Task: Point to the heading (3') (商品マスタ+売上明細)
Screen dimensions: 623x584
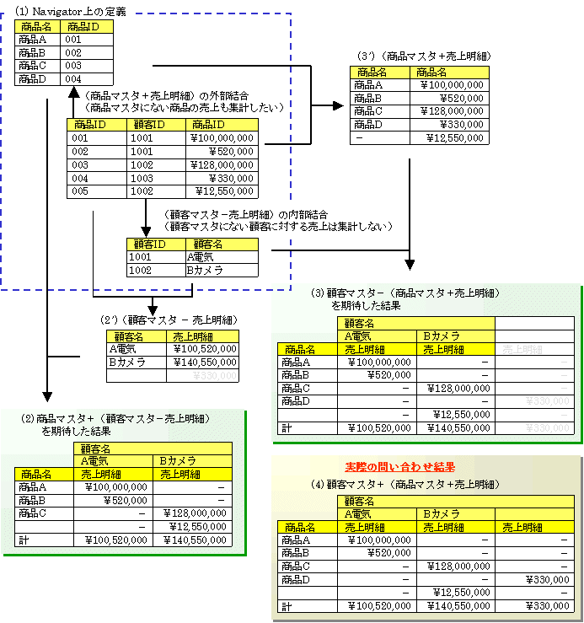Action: click(x=425, y=56)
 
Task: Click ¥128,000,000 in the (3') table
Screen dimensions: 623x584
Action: click(x=451, y=111)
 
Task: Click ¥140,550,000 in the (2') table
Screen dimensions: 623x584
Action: click(x=203, y=363)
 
